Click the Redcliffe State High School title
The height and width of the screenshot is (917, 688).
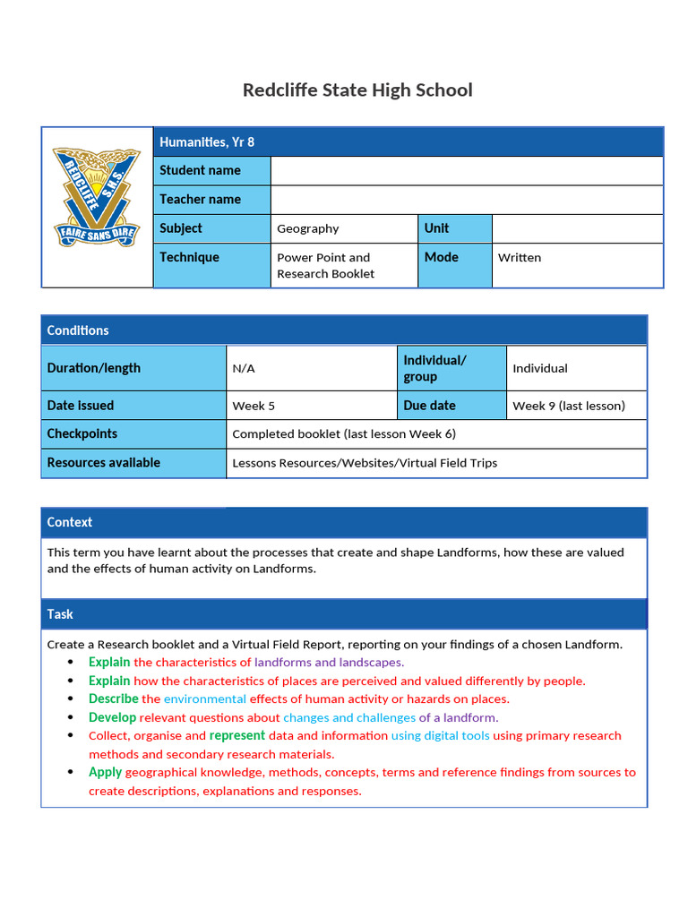tap(357, 90)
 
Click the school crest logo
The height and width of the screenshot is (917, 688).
tap(97, 197)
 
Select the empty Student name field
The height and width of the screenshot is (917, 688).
tap(466, 170)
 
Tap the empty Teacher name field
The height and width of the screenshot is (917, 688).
tap(466, 200)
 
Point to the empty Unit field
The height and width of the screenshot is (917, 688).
tap(577, 228)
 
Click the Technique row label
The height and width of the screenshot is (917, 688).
tap(190, 257)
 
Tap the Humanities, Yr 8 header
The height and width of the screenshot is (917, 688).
tap(207, 141)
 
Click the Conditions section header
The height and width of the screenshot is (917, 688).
tap(78, 330)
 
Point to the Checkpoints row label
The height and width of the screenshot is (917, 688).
tap(82, 433)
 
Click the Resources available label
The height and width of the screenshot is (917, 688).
tap(104, 463)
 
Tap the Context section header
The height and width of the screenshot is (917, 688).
tap(70, 522)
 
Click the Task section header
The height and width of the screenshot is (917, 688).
tap(60, 614)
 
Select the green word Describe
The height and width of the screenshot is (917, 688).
tap(114, 698)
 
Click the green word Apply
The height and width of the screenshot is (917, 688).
tap(106, 772)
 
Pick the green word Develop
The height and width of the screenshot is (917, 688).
tap(113, 717)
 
